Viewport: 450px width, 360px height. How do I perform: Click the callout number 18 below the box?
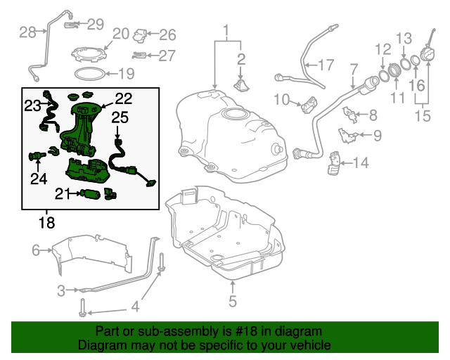tap(46, 224)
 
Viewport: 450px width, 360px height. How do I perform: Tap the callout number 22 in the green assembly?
tap(123, 98)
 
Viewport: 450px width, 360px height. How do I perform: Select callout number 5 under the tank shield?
tap(233, 303)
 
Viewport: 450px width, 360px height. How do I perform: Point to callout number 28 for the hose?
tap(27, 32)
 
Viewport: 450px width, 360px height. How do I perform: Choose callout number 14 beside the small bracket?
tap(360, 163)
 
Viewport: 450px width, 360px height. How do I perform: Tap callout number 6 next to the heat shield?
tap(36, 249)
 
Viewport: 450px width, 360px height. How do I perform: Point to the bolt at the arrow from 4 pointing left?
tap(84, 308)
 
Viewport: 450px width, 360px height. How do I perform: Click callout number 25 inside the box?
tap(120, 117)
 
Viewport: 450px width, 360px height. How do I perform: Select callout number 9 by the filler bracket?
tap(377, 136)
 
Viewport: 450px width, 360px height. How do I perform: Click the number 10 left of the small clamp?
tap(281, 100)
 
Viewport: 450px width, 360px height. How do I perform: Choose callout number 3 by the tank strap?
tap(61, 290)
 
